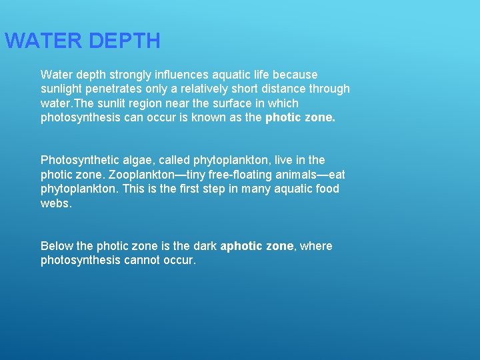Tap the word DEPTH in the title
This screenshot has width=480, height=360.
tap(124, 41)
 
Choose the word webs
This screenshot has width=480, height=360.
tap(55, 203)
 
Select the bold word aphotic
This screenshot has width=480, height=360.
tap(242, 246)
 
